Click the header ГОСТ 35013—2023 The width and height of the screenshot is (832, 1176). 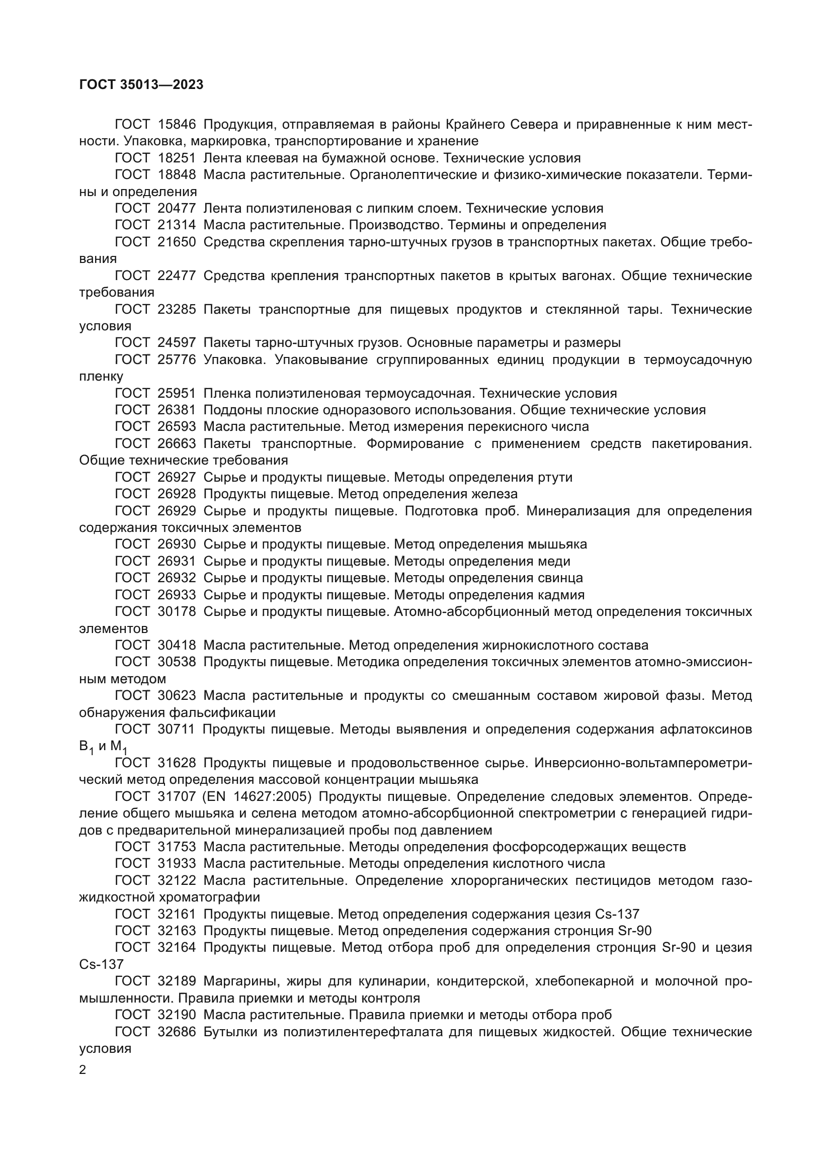point(141,85)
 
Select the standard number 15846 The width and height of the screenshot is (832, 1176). point(177,125)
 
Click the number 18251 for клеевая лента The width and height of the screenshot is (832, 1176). point(177,158)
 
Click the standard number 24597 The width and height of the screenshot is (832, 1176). point(177,343)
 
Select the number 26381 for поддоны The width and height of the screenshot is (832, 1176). point(177,410)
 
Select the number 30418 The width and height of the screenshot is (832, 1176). point(177,646)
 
